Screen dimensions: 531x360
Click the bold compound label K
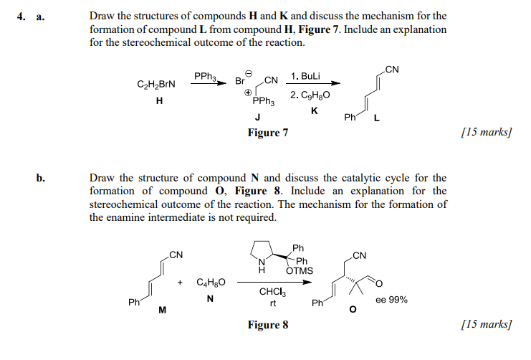pos(314,110)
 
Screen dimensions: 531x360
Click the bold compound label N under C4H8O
pos(210,298)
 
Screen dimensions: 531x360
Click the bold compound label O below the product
pos(351,310)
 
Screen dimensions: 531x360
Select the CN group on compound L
pos(391,69)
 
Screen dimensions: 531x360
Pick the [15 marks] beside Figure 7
pos(489,133)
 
